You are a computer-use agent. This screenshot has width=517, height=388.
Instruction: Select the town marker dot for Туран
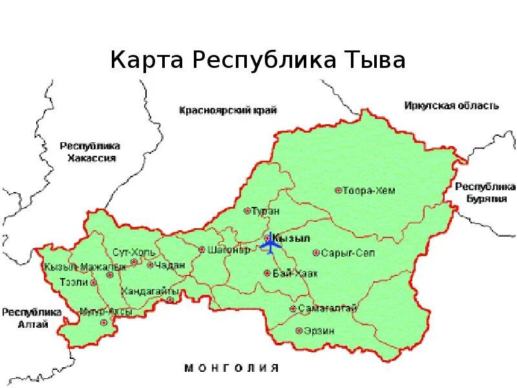(x=247, y=210)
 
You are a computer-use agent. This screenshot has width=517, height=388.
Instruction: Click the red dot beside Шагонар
(x=202, y=249)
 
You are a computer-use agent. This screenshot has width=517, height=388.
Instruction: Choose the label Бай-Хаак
(x=295, y=274)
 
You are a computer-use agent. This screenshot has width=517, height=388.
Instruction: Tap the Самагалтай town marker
(x=293, y=309)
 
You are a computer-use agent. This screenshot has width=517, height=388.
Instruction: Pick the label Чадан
(x=171, y=264)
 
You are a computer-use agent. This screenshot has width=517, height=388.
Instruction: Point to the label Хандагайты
(x=149, y=289)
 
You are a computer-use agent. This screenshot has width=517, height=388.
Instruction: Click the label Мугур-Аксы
(x=107, y=312)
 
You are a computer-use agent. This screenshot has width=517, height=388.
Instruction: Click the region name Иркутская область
(x=452, y=105)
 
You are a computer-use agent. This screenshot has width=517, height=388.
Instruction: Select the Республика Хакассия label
(x=90, y=152)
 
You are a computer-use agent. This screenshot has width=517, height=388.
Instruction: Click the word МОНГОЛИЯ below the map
(x=232, y=368)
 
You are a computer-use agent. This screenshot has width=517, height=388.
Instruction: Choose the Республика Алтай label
(x=31, y=318)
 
